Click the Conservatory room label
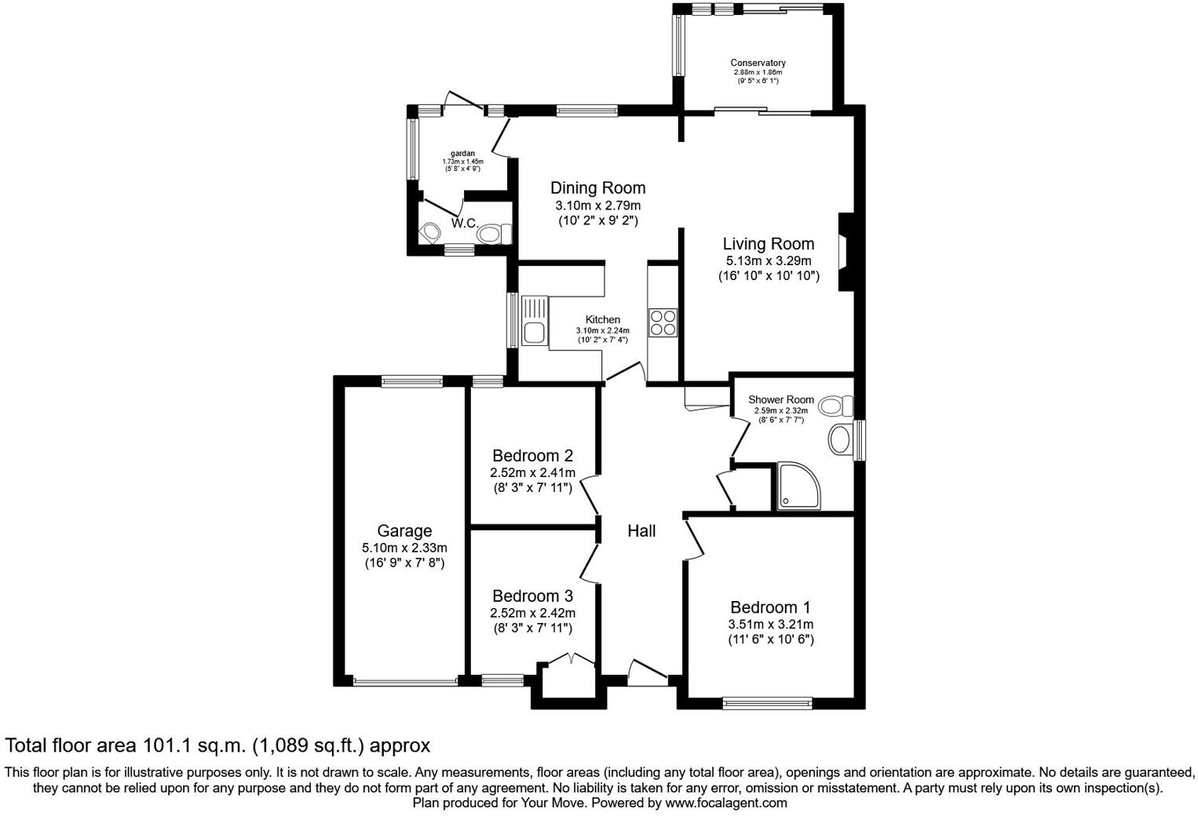point(758,63)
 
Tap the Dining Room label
point(597,188)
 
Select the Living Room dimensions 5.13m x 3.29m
point(768,260)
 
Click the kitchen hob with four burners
point(662,322)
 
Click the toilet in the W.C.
point(494,234)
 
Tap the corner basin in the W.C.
point(429,233)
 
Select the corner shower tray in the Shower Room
point(798,486)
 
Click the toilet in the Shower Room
point(835,406)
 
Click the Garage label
point(404,531)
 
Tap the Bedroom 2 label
point(532,456)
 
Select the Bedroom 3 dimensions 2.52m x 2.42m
point(532,613)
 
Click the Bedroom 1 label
point(769,607)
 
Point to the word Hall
point(641,531)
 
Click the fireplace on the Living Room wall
point(844,253)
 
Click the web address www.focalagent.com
point(725,803)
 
